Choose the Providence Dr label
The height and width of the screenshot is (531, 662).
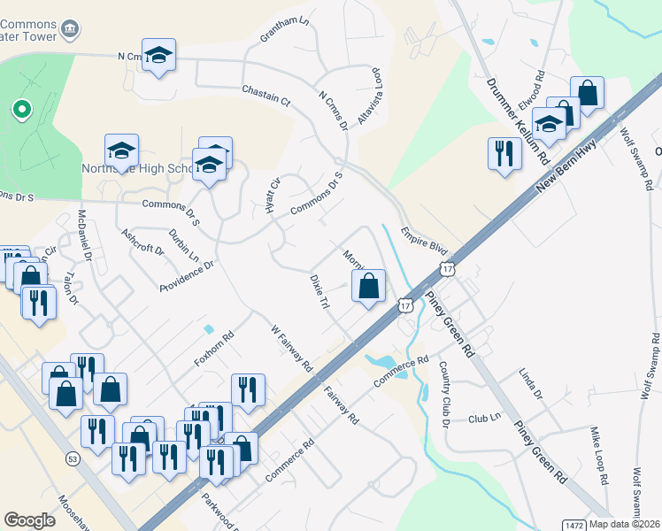pyautogui.click(x=188, y=277)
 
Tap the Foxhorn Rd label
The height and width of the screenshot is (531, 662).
pyautogui.click(x=213, y=350)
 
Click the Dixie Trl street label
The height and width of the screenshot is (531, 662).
pyautogui.click(x=319, y=291)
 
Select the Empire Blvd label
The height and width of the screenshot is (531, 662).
pyautogui.click(x=421, y=239)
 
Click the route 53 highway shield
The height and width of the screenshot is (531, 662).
pyautogui.click(x=73, y=459)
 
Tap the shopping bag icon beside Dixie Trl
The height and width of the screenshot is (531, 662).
pyautogui.click(x=369, y=286)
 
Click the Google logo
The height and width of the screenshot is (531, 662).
pyautogui.click(x=30, y=520)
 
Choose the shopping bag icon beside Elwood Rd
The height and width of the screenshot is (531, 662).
pyautogui.click(x=586, y=92)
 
